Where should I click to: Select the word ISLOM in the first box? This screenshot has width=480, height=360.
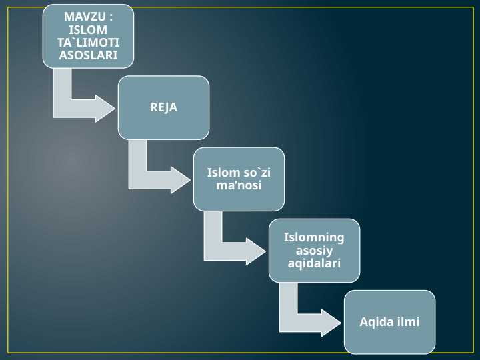coord(88,29)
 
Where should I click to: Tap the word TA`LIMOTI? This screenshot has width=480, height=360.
coord(88,42)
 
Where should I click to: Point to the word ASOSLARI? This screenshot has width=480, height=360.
coord(88,55)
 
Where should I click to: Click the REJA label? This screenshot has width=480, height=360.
coord(163,107)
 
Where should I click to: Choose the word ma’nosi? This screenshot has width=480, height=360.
coord(239,185)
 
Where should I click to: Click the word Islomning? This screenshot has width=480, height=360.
coord(314,237)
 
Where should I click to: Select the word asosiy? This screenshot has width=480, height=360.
coord(314,250)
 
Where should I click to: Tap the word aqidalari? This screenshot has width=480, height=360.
coord(314,263)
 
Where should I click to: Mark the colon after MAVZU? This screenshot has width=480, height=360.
coord(110,15)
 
